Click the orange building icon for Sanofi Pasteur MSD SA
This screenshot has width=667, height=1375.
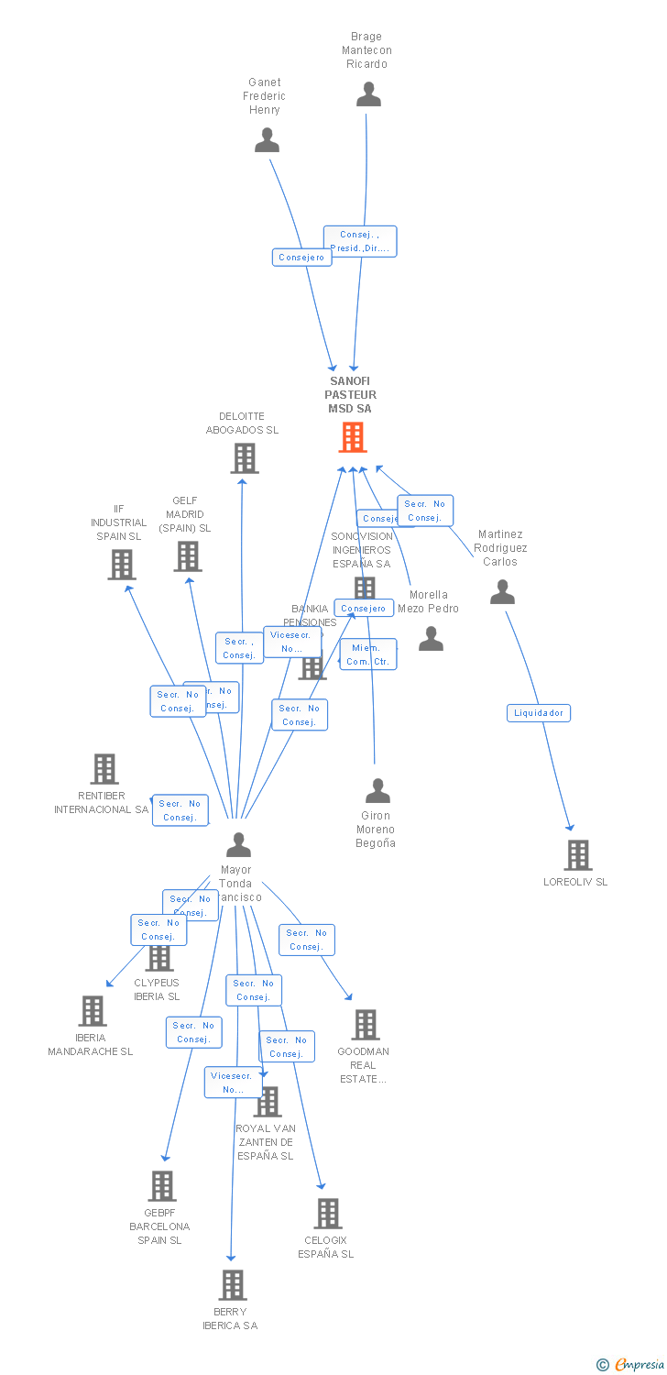click(353, 437)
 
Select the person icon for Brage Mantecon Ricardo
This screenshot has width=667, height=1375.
click(368, 94)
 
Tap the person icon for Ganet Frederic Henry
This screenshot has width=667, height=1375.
click(267, 140)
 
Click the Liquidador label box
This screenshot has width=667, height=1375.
click(539, 713)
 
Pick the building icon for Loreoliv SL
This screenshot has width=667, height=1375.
click(577, 855)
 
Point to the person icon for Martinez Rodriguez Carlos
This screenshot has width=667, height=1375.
click(502, 592)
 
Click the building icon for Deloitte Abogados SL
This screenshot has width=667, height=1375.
click(244, 457)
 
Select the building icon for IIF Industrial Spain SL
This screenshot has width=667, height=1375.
click(121, 565)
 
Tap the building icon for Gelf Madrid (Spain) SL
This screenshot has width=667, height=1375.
click(187, 555)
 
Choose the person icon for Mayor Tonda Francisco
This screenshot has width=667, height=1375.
click(238, 844)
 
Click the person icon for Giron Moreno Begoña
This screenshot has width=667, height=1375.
click(377, 791)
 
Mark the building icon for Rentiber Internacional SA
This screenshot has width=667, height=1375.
click(104, 769)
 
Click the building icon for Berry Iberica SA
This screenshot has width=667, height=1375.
click(233, 1285)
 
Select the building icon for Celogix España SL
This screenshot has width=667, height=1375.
click(327, 1214)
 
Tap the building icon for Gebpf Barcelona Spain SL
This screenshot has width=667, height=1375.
click(161, 1186)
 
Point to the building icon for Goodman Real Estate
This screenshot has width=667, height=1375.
click(365, 1025)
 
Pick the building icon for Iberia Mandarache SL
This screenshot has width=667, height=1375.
click(92, 1011)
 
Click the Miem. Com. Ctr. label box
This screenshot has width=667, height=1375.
click(368, 654)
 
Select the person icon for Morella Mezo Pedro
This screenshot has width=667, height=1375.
click(431, 639)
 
